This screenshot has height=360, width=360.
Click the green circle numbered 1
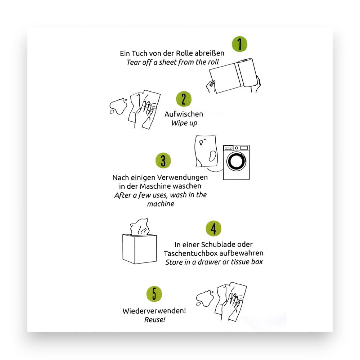tap(239, 44)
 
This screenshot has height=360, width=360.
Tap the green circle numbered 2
tap(184, 99)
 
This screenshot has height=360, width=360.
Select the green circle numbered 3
tap(163, 160)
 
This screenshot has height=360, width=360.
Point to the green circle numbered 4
tap(213, 228)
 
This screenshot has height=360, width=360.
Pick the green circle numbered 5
tap(154, 294)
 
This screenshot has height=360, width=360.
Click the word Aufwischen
tap(184, 114)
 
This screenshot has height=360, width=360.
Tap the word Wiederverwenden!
tap(154, 311)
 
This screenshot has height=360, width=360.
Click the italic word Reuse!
tap(155, 320)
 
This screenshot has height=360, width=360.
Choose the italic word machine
tap(161, 204)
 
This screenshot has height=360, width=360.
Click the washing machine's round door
tap(236, 161)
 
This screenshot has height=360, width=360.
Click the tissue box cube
tap(140, 249)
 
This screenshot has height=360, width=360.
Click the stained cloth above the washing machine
tap(206, 151)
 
